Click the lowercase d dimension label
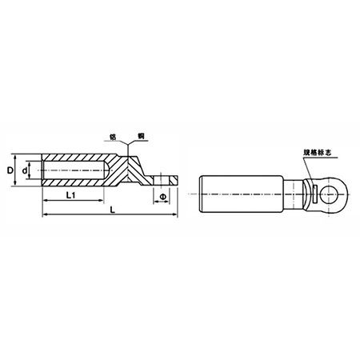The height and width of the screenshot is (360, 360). coord(25,171)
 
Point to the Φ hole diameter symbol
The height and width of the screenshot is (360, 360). coord(163,196)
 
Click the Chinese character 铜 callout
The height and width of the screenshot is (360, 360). coord(140,138)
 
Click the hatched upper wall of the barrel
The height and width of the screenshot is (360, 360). coord(76,158)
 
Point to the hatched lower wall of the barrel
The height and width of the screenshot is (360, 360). coord(76,184)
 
